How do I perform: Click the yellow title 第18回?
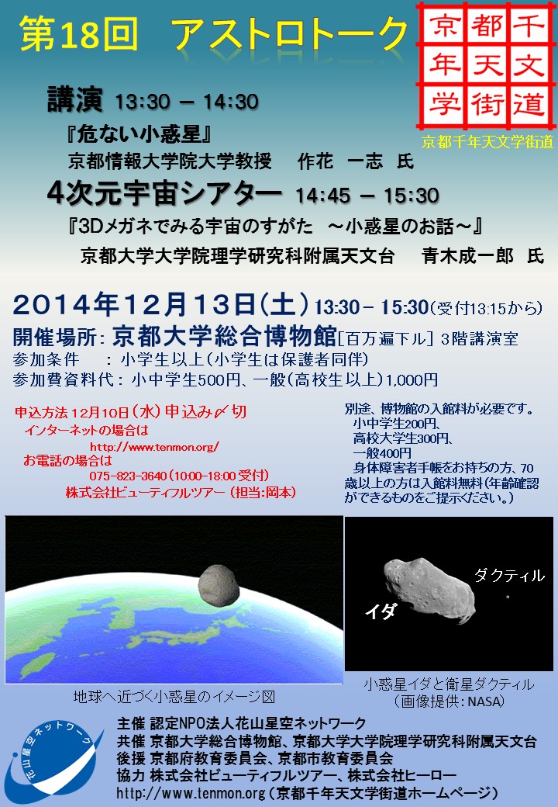(x=78, y=34)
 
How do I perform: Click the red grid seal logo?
(x=486, y=65)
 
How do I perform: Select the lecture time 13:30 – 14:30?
(x=187, y=102)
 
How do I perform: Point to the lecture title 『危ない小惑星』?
(x=139, y=133)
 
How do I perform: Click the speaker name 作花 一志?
(x=340, y=161)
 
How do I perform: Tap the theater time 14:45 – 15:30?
(x=367, y=196)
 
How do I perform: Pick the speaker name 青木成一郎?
(x=467, y=255)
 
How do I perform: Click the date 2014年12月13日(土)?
(x=161, y=304)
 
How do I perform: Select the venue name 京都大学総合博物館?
(x=225, y=337)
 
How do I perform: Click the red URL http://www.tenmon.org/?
(x=155, y=447)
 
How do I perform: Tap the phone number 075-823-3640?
(x=128, y=476)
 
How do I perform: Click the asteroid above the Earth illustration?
(x=219, y=585)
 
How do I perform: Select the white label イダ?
(x=381, y=611)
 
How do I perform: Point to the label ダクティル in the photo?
(x=509, y=575)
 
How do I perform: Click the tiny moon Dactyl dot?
(x=508, y=597)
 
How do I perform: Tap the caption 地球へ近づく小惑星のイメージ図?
(x=174, y=696)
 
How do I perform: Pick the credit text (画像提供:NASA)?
(x=449, y=701)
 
